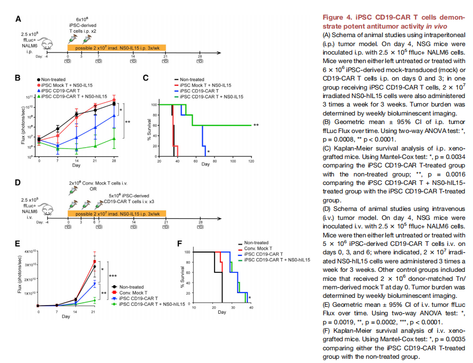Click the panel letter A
18,20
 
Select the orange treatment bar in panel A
116,48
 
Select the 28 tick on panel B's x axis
114,161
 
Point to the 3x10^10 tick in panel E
26,264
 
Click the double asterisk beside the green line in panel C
256,126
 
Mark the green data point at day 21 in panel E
95,300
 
